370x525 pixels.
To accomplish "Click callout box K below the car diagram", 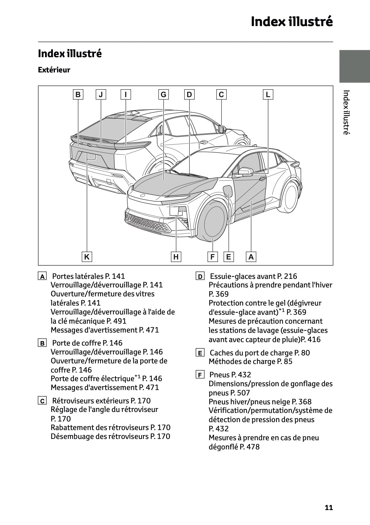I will tap(87, 257).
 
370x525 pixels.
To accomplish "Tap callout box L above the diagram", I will tap(268, 94).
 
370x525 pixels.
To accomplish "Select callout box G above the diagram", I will tap(163, 94).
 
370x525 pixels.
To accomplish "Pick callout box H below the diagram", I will tap(176, 257).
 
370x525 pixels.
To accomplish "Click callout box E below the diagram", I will tap(228, 257).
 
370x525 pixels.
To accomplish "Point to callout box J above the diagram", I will tap(101, 94).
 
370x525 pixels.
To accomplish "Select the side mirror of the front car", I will tap(245, 172).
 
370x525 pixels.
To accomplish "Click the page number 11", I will tap(329, 508).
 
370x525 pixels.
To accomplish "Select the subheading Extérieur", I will tap(54, 70).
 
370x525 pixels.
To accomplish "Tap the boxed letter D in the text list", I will tap(200, 277).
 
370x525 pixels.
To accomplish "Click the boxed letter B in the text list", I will tap(42, 343).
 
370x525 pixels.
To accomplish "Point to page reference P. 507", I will tap(239, 393).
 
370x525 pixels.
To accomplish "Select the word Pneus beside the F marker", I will tap(219, 375).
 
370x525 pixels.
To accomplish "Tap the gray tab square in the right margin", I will tap(354, 66).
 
